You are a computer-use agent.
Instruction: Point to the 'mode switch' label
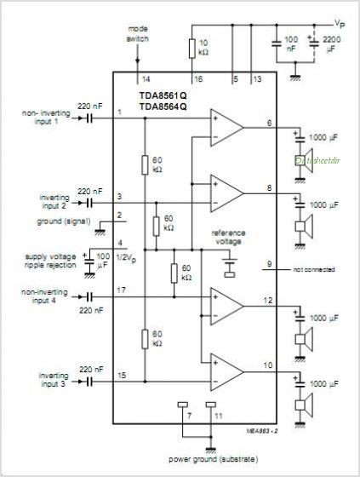pos(137,33)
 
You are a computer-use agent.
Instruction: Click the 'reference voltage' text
pos(227,237)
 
